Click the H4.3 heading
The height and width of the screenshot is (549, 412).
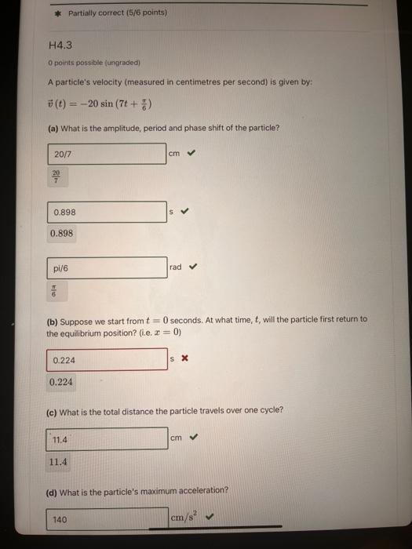click(60, 47)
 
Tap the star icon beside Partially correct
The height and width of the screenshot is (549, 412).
click(57, 13)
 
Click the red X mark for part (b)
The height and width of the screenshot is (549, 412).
click(184, 359)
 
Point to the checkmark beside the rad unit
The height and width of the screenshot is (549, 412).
click(194, 267)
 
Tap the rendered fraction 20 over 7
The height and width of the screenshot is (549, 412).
click(56, 176)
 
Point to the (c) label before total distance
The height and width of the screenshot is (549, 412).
click(53, 410)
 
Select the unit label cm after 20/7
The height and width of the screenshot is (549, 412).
click(174, 154)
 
